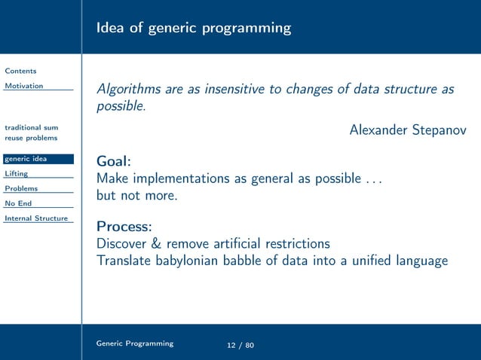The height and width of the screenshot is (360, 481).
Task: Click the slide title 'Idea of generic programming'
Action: click(193, 29)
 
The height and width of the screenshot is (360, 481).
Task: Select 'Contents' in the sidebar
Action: click(20, 71)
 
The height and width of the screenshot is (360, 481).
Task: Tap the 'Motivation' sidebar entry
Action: click(24, 86)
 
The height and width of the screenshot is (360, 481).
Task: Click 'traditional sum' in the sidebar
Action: click(31, 127)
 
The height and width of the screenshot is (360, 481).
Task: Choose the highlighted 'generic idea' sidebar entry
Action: click(26, 158)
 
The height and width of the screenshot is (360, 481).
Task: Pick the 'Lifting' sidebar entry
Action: click(16, 173)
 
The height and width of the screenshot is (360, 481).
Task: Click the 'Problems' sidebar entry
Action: click(21, 188)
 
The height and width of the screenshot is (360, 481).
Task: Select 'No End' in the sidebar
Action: click(18, 203)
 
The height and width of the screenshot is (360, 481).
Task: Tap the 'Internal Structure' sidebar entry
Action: click(36, 218)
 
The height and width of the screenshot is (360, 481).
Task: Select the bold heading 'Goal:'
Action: click(114, 162)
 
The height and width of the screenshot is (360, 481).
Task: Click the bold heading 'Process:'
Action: click(124, 226)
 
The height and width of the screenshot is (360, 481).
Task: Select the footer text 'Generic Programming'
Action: click(134, 343)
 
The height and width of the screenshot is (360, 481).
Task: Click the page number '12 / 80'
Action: click(240, 345)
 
